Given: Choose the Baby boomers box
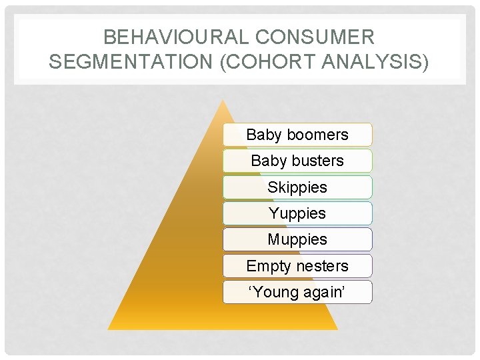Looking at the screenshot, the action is pos(297,135).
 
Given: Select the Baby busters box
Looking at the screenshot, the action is pos(297,161).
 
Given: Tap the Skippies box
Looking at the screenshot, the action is pos(297,187).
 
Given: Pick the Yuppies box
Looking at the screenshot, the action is pos(297,213).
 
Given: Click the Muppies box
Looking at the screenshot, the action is pos(297,239).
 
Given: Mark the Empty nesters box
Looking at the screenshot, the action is pos(297,266).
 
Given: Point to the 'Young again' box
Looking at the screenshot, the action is pos(297,292).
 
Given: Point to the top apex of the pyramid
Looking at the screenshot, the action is pos(223,101).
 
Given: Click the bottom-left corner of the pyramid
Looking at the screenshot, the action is pos(109,329).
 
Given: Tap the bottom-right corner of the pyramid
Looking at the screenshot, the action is pos(337,329).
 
